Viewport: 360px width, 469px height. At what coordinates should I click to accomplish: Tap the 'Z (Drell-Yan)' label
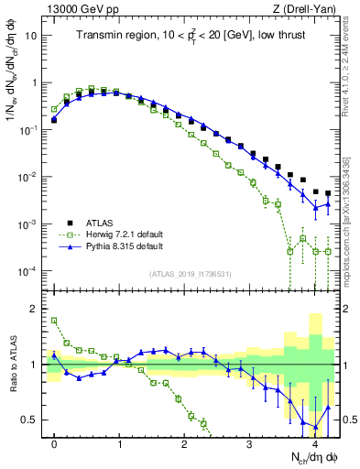click(310, 8)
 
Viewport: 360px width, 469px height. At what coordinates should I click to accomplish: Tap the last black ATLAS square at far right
click(328, 193)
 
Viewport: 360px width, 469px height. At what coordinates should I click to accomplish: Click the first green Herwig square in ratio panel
click(54, 321)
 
